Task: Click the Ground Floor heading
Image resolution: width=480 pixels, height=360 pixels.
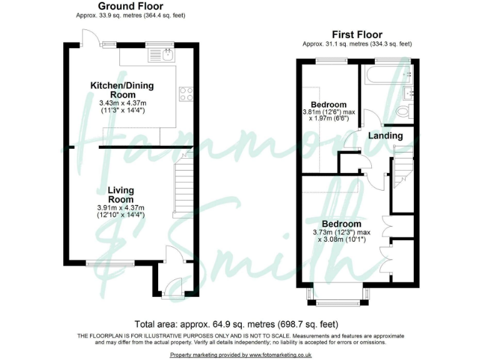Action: click(131, 6)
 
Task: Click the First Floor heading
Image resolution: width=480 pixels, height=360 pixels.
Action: click(357, 35)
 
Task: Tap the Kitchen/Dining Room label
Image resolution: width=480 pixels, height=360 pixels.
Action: click(122, 90)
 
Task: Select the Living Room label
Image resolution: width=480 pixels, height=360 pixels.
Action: click(121, 194)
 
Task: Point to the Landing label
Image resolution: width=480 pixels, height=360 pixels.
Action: click(385, 136)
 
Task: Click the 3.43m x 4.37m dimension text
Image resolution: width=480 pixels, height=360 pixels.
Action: click(122, 102)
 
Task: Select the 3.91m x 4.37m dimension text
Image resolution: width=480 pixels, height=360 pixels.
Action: click(121, 207)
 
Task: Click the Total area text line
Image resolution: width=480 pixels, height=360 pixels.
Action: click(236, 324)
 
